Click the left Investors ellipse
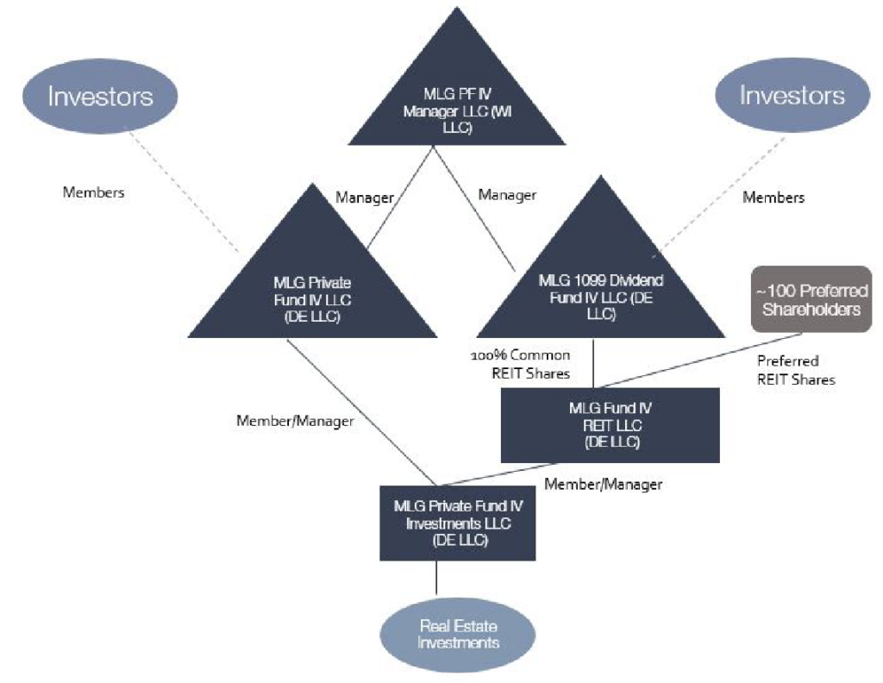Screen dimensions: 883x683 point(100,97)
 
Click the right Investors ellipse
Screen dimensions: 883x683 point(792,95)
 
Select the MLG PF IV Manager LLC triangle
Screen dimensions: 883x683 point(457,102)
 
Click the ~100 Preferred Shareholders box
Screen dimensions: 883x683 point(811,299)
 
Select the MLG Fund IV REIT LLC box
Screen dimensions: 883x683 point(611,425)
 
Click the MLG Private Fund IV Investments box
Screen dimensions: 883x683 point(458,523)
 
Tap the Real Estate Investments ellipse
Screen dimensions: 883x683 point(458,635)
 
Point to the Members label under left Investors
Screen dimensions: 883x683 point(93,192)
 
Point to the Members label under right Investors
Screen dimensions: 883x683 point(773,197)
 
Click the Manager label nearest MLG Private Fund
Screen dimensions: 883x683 point(365,197)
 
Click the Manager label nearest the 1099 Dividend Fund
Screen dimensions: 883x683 point(507,196)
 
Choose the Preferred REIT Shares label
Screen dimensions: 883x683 point(796,370)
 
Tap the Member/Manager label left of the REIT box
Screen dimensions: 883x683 point(295,421)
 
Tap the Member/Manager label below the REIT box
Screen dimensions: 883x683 point(603,485)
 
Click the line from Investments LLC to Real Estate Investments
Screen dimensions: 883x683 point(436,579)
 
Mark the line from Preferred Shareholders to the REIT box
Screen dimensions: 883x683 point(701,360)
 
